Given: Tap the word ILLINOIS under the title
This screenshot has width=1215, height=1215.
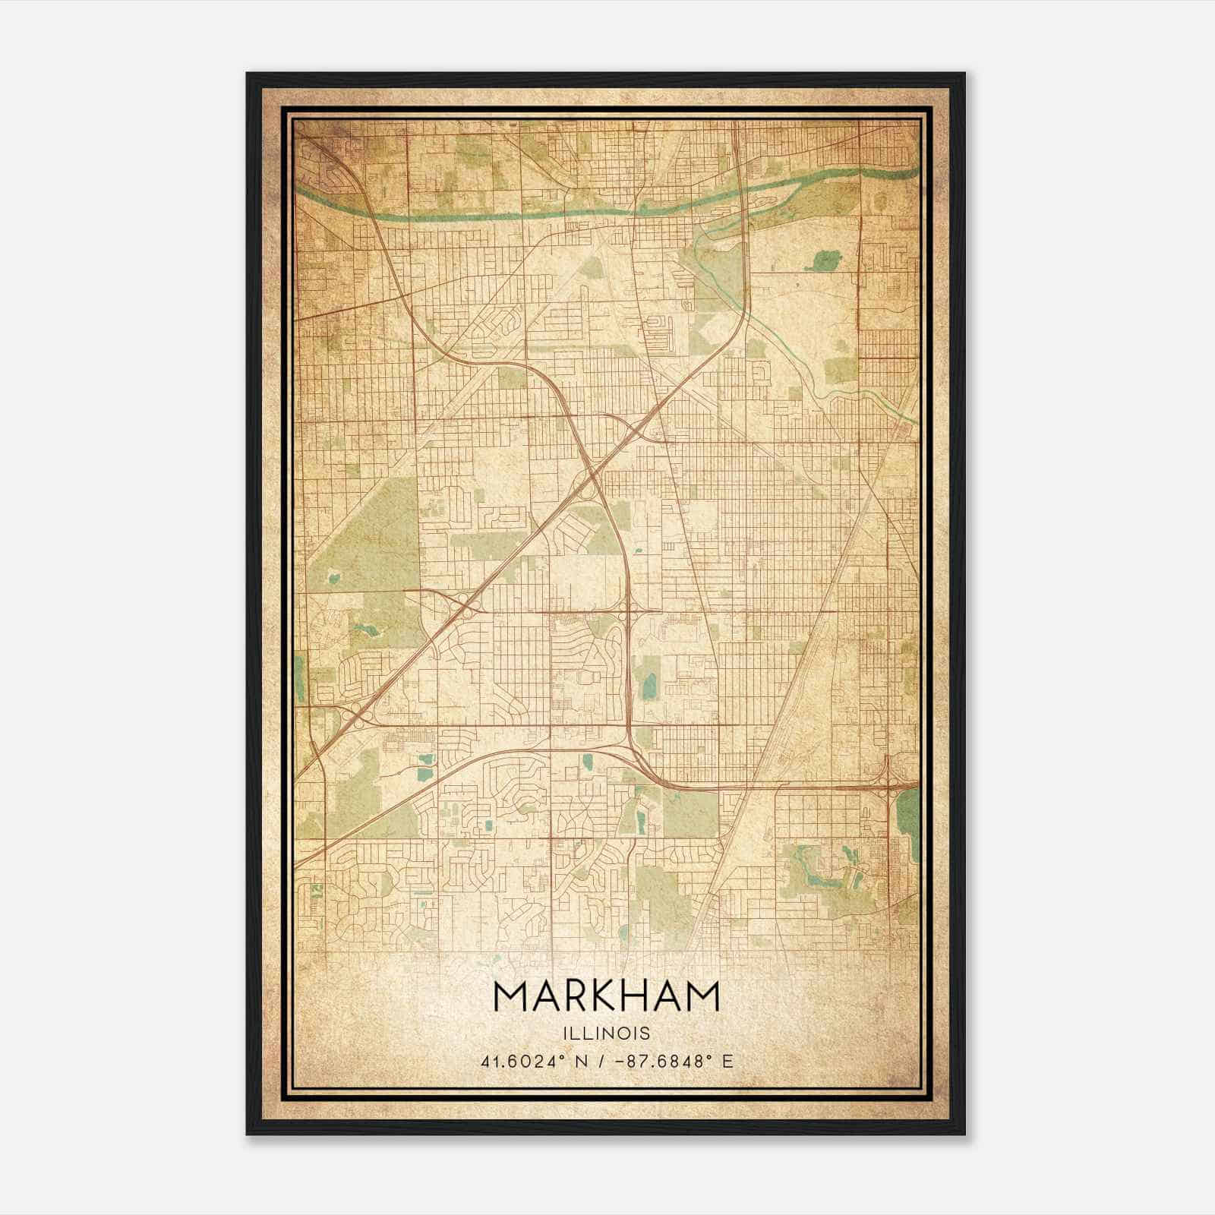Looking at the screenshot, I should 607,1034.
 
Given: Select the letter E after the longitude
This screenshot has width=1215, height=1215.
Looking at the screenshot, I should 728,1061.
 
